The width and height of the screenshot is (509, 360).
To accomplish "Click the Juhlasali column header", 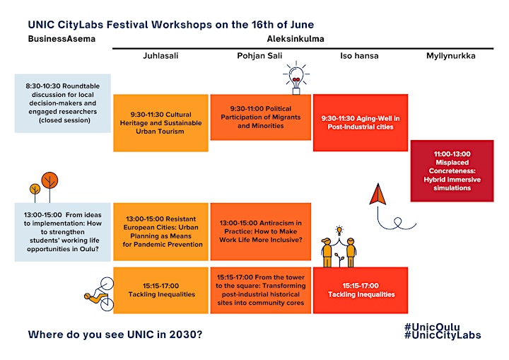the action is [x=160, y=56].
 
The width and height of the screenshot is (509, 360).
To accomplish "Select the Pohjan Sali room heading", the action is [x=259, y=56].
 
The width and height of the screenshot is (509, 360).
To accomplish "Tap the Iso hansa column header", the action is [x=359, y=56].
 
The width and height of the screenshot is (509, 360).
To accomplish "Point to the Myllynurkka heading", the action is [x=451, y=56].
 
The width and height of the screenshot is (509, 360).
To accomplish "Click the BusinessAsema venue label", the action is [x=62, y=39].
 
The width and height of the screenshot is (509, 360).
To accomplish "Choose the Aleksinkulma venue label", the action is [x=296, y=39].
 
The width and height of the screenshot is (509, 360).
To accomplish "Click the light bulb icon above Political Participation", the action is [x=296, y=78].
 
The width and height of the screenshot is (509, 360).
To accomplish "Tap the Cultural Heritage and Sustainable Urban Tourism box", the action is [x=160, y=123].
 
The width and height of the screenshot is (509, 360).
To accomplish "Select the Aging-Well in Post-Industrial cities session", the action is [x=361, y=122].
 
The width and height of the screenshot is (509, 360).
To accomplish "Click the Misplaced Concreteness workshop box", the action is [x=452, y=171].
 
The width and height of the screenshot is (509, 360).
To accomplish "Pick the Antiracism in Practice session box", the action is [x=261, y=232].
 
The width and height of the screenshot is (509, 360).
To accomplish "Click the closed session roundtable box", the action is [x=63, y=103].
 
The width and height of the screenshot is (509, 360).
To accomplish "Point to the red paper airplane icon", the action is [x=378, y=194].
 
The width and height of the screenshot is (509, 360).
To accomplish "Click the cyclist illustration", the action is [x=100, y=294].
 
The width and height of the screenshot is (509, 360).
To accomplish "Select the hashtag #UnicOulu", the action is [x=432, y=327].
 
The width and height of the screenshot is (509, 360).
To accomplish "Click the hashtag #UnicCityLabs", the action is [x=443, y=335].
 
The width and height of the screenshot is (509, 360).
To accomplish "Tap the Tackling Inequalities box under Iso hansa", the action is [x=361, y=290].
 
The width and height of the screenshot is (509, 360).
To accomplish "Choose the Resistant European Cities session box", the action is [x=160, y=232].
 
